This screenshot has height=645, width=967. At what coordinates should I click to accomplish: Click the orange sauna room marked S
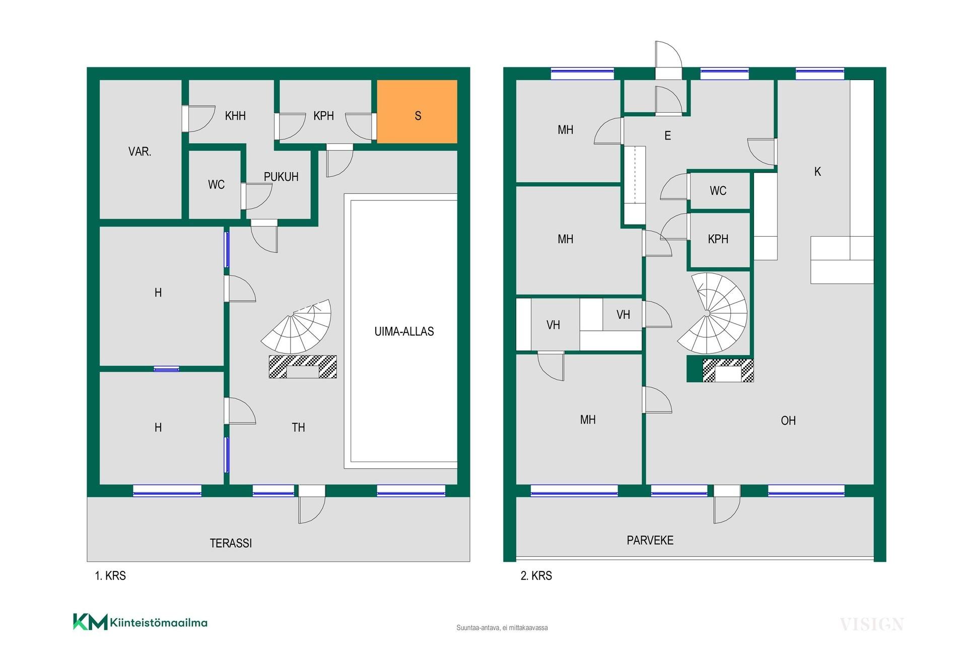[x=417, y=111]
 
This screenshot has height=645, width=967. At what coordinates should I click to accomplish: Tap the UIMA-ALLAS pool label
[x=404, y=331]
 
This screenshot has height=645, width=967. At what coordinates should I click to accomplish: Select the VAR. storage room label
[x=140, y=152]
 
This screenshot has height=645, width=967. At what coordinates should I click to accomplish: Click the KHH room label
[x=235, y=116]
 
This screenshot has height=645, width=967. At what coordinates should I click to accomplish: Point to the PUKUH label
[x=281, y=177]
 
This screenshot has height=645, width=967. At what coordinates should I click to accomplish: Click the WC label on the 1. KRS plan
[x=216, y=185]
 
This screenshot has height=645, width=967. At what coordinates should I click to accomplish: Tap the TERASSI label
[x=231, y=543]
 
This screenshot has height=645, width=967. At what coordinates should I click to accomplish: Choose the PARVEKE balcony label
[x=650, y=540]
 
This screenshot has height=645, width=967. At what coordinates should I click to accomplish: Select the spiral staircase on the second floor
[x=712, y=313]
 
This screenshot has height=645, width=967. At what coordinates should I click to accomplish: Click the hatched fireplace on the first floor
[x=303, y=367]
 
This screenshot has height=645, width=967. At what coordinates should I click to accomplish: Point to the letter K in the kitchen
[x=817, y=172]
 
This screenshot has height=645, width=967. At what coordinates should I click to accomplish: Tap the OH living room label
[x=788, y=420]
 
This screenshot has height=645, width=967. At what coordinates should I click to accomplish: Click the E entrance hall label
[x=668, y=135]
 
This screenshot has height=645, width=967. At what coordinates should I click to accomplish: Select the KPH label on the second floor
[x=718, y=239]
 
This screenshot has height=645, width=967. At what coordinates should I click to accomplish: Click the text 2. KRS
[x=536, y=576]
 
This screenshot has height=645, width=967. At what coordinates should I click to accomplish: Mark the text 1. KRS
[x=110, y=576]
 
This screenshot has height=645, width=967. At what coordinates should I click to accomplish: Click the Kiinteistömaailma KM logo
[x=140, y=622]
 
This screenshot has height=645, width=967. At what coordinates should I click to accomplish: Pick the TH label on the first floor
[x=298, y=427]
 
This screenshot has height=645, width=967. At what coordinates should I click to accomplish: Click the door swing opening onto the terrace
[x=312, y=510]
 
